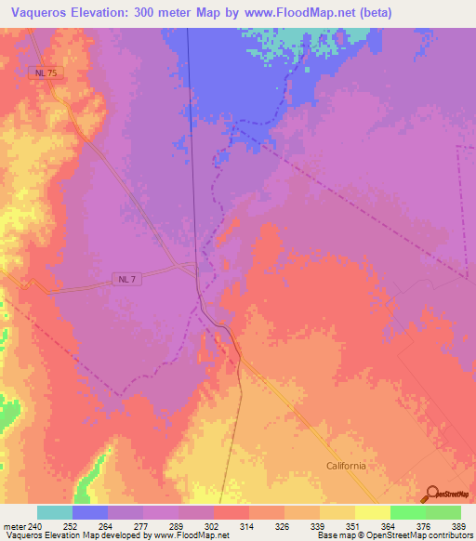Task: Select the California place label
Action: point(346,466)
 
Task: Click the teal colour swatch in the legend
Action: point(55,512)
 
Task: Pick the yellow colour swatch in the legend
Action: point(372,512)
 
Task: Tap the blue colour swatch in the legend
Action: point(90,512)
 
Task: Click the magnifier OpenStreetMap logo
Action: point(434,495)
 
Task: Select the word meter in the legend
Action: point(14,525)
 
